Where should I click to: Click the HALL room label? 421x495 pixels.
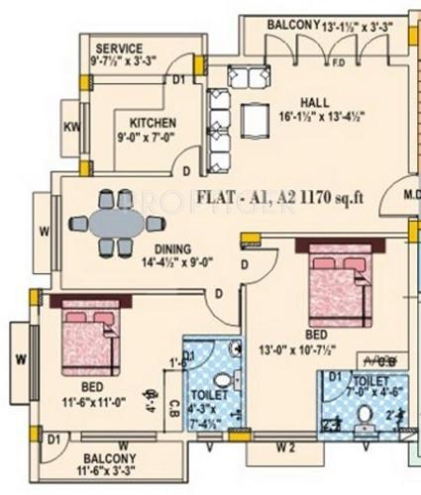[x=316, y=100]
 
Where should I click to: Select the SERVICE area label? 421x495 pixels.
[x=119, y=49]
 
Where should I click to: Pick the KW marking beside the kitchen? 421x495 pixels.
[x=72, y=126]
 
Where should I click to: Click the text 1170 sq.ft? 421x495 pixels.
[x=326, y=195]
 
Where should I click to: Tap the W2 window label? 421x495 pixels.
[x=286, y=446]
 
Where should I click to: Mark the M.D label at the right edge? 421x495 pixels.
[x=410, y=196]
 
